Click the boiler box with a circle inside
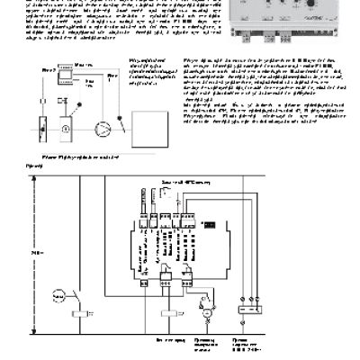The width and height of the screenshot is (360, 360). tap(66, 129)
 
